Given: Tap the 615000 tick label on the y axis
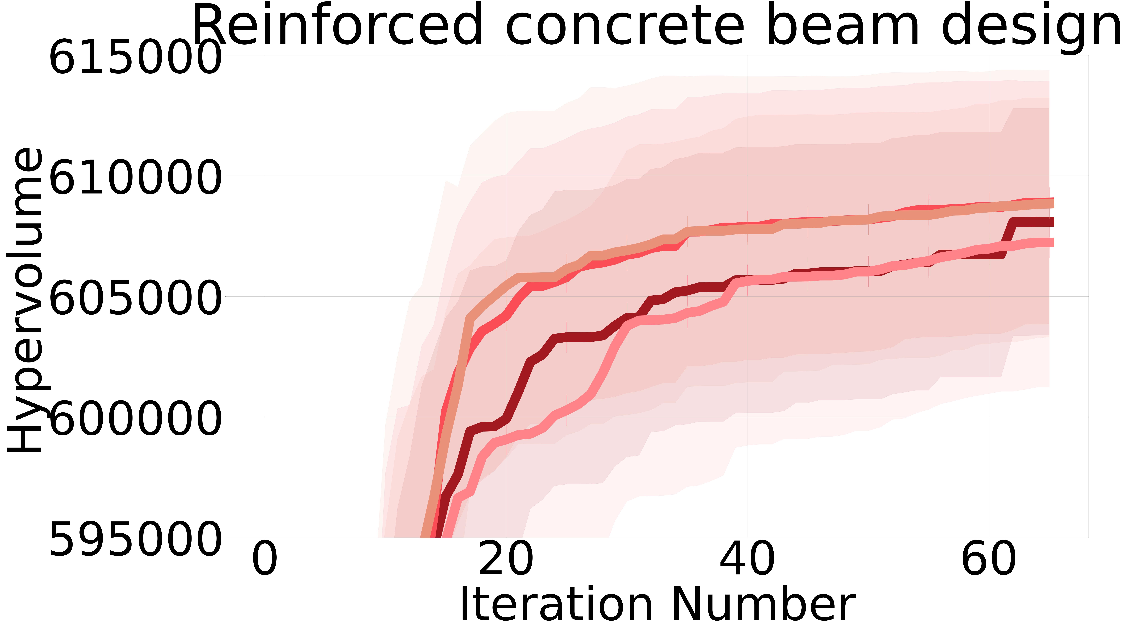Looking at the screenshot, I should point(133,57).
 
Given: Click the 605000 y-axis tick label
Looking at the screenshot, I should point(133,297).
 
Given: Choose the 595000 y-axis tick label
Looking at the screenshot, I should point(133,539).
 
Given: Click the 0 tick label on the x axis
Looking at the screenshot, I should point(264,560).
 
